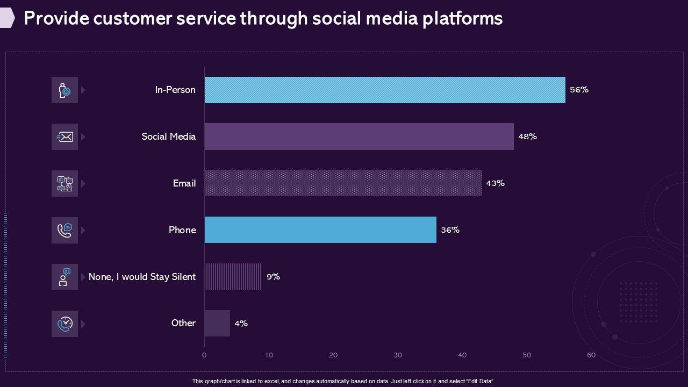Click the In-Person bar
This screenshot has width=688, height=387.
385,90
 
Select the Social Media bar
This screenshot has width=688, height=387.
359,137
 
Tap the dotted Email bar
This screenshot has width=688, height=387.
343,183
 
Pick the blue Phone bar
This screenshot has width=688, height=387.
320,230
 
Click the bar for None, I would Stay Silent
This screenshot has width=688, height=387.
233,277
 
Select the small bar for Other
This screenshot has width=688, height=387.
217,323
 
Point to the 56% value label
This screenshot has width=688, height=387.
579,90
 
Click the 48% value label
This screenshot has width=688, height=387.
527,137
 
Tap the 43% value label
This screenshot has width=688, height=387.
495,183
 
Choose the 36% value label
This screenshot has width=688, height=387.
450,230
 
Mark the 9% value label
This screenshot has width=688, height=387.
273,277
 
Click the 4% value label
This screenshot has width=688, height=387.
241,324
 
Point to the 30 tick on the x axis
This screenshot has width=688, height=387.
398,355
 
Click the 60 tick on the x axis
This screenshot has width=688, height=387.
591,355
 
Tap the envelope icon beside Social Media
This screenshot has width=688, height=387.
64,137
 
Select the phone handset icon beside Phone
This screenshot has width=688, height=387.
64,231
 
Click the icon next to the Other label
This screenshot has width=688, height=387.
64,324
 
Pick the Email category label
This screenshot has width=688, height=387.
184,183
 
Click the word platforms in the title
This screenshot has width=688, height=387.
463,18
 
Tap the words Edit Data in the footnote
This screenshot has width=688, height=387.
480,381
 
